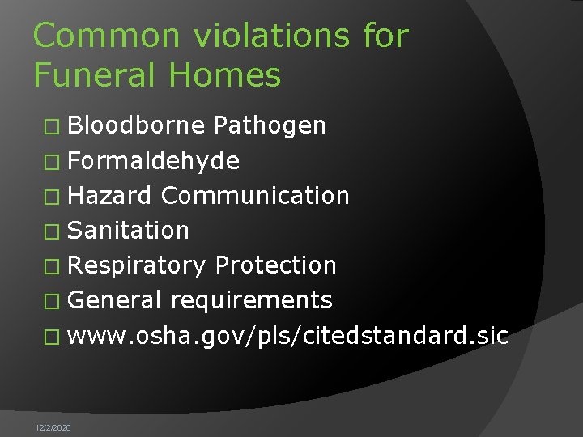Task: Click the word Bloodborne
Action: pyautogui.click(x=136, y=125)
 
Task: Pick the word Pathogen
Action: pyautogui.click(x=270, y=125)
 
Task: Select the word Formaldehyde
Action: pyautogui.click(x=153, y=160)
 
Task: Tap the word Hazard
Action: pyautogui.click(x=109, y=195)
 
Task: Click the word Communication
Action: pyautogui.click(x=255, y=195)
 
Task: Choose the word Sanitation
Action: pyautogui.click(x=128, y=231)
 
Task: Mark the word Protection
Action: pyautogui.click(x=275, y=265)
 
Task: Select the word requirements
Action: pyautogui.click(x=251, y=300)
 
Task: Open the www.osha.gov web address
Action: pyautogui.click(x=287, y=336)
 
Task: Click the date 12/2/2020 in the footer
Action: pyautogui.click(x=53, y=426)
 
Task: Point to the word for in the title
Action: pyautogui.click(x=386, y=36)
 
